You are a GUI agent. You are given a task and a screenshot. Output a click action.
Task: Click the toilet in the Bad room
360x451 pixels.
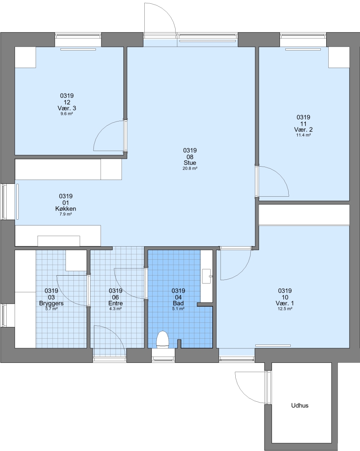tap(162, 340)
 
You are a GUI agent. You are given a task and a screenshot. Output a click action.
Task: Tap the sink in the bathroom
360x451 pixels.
tap(206, 276)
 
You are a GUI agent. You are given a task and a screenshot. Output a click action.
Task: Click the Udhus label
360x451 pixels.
tap(300, 405)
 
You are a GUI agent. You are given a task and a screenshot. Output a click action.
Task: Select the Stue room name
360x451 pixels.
tap(190, 163)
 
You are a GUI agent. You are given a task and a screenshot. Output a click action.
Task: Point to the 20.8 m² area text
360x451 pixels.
tap(190, 169)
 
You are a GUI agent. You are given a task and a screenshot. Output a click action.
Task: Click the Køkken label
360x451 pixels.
tap(66, 209)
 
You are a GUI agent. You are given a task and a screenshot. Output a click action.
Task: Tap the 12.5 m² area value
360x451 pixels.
tap(285, 309)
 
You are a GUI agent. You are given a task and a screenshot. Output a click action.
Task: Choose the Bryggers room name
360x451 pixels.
tap(51, 304)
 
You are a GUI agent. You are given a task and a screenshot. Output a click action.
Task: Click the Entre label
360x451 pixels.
tap(116, 304)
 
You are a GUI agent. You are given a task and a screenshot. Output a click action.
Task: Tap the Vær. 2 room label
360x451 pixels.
tap(303, 130)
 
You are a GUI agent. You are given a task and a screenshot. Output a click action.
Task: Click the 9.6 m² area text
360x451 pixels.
tap(67, 114)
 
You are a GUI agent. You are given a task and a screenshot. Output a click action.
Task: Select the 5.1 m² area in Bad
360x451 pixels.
tap(178, 309)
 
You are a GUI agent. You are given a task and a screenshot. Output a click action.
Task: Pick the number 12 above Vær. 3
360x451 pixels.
tap(67, 102)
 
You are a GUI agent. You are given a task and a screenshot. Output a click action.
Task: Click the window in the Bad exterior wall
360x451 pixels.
tap(163, 358)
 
